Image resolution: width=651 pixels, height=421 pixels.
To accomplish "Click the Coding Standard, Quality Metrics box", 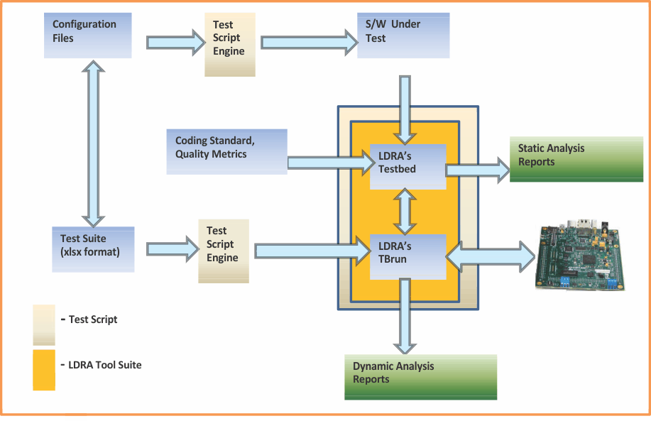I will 226,151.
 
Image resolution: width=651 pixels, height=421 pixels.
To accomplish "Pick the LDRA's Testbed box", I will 407,167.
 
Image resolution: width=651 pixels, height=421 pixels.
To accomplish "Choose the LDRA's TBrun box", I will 407,251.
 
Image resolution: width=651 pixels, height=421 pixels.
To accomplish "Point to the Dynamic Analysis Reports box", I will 420,376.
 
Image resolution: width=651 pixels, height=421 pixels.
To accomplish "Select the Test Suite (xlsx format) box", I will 92,249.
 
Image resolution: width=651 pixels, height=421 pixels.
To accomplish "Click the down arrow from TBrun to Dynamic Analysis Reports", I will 405,316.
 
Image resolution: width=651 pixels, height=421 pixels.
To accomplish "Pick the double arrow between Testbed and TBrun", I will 405,211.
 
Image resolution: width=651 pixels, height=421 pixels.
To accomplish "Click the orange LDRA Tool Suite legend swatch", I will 44,369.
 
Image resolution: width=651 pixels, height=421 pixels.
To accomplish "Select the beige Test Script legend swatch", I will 44,324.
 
